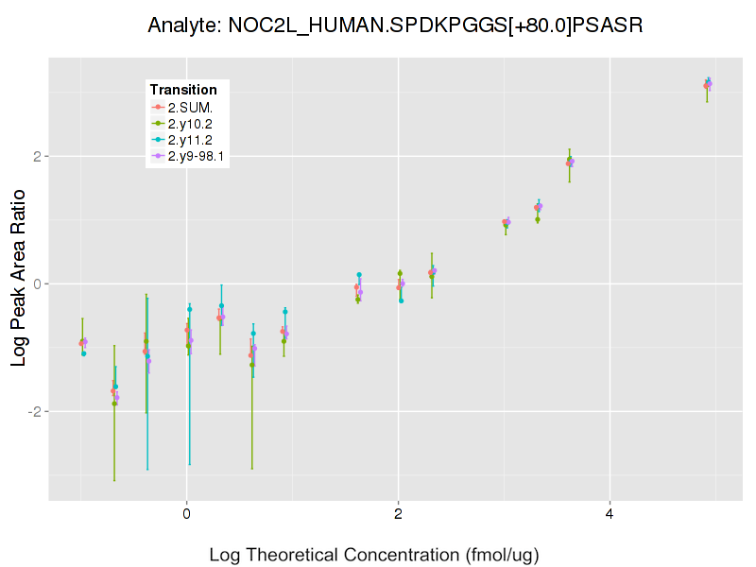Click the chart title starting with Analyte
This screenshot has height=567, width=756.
point(396,26)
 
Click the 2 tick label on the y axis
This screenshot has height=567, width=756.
point(35,156)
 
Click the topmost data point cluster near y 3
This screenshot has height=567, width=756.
point(708,84)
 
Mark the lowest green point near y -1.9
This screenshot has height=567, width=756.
point(114,404)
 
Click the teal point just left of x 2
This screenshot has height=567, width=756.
point(401,301)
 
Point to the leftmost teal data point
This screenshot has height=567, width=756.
point(83,353)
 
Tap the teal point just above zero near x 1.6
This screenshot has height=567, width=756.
point(359,275)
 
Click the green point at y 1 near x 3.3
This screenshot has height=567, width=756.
point(538,220)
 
